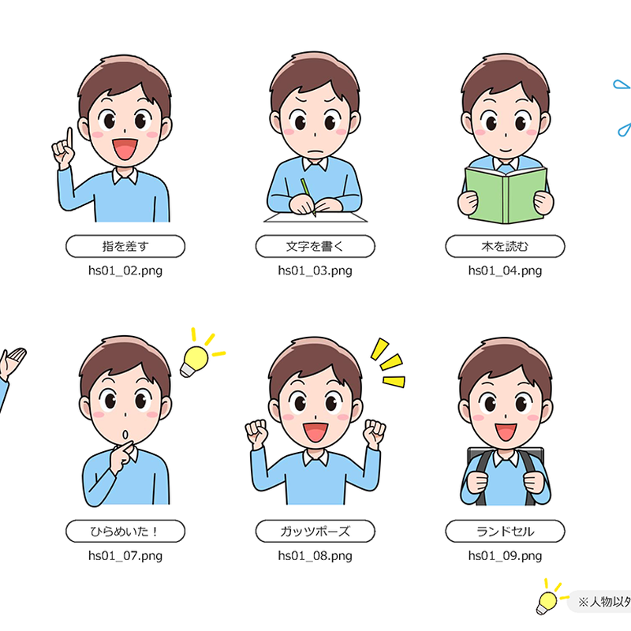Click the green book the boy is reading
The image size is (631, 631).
(506, 195)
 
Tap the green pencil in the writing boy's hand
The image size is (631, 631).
(308, 197)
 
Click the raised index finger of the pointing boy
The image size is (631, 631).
(69, 138)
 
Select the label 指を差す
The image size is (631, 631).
(125, 246)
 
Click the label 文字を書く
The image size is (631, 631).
(315, 246)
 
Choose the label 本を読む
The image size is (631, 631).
(505, 246)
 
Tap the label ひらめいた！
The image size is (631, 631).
(125, 531)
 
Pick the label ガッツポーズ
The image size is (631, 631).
(315, 531)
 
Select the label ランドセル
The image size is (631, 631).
(505, 531)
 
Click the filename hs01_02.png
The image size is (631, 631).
(125, 271)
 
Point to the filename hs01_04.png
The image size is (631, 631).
(505, 271)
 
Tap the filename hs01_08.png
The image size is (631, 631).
(315, 556)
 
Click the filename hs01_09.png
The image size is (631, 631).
(505, 556)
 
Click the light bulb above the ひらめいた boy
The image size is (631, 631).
(194, 361)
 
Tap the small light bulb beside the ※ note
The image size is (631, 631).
(546, 603)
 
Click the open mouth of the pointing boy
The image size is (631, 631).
(125, 149)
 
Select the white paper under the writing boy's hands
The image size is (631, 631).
(315, 218)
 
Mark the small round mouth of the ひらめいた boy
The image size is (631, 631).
(125, 435)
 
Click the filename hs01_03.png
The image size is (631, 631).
(315, 271)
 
